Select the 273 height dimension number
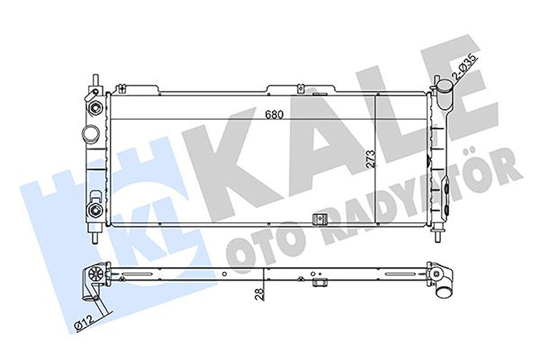(370, 160)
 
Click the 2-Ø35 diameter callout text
(465, 67)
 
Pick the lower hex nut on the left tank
(95, 210)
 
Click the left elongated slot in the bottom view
(139, 275)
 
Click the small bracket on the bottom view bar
(319, 283)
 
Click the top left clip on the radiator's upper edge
(121, 88)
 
